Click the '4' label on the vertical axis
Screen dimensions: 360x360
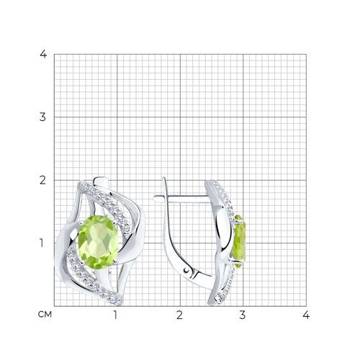click(43, 54)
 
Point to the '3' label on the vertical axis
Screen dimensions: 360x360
click(42, 117)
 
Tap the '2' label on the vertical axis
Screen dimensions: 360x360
click(42, 180)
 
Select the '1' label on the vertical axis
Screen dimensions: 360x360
click(42, 243)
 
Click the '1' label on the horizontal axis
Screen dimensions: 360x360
click(115, 315)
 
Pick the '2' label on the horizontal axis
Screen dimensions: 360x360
click(179, 315)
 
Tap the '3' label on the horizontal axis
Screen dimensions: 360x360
click(243, 315)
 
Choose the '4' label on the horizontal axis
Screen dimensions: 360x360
click(306, 315)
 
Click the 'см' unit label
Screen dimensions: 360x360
click(45, 315)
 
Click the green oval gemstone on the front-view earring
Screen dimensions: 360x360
click(99, 242)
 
